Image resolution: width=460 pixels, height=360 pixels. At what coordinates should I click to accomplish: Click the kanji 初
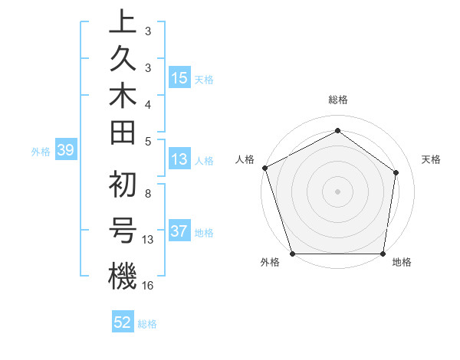click(123, 184)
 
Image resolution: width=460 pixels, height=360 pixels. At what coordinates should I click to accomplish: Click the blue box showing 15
click(179, 78)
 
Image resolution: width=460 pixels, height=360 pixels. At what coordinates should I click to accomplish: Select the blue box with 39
click(65, 151)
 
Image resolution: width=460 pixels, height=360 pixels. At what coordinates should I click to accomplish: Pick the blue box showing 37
click(179, 232)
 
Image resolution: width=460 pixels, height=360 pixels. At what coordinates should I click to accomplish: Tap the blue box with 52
click(123, 323)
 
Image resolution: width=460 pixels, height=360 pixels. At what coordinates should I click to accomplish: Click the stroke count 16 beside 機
click(148, 285)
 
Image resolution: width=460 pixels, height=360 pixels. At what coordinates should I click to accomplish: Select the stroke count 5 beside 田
click(147, 141)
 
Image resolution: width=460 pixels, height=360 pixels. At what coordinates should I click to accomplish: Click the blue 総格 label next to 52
click(147, 324)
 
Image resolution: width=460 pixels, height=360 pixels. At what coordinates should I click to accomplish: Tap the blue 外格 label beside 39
click(41, 152)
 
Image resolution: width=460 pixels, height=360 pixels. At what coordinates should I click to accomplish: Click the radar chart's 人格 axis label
click(245, 159)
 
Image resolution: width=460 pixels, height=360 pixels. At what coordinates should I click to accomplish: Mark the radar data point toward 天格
click(396, 172)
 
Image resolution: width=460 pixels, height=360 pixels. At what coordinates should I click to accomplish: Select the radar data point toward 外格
click(292, 254)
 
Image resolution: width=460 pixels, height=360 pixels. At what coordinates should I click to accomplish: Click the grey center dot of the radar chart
click(337, 191)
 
